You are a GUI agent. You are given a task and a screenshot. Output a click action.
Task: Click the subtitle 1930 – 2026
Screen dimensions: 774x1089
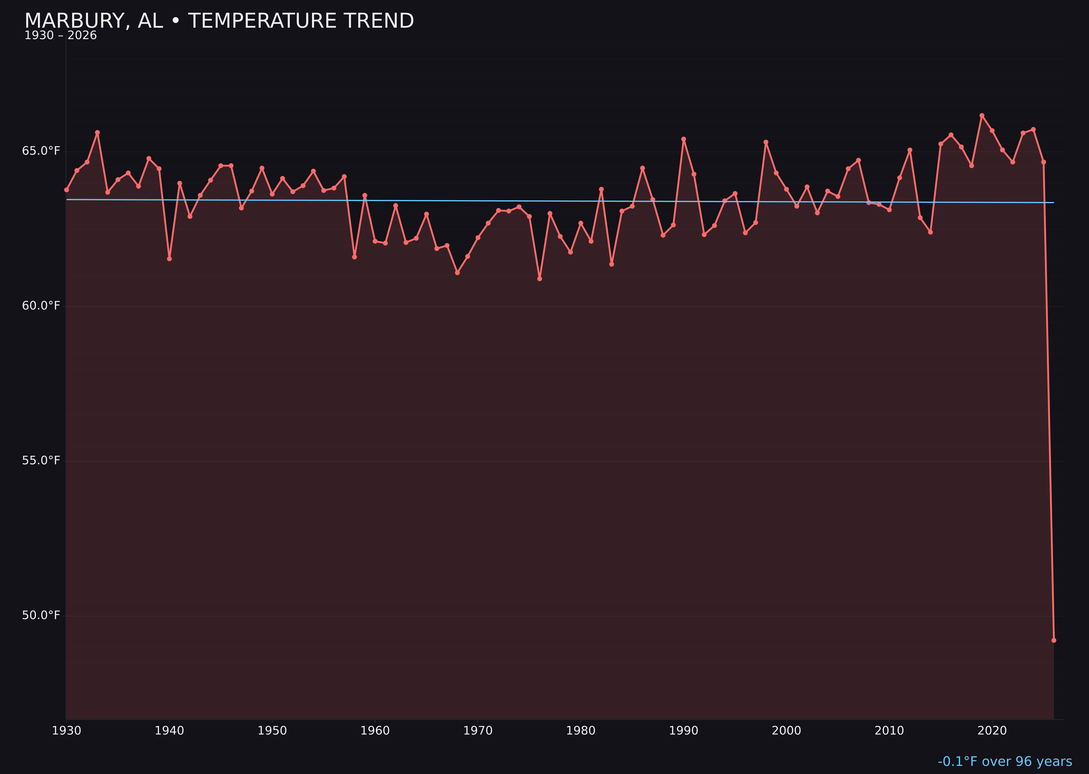(60, 36)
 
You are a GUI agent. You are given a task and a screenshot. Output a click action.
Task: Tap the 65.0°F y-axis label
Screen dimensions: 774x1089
(41, 151)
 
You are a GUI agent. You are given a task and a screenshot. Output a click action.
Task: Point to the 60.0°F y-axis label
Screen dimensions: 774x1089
(41, 306)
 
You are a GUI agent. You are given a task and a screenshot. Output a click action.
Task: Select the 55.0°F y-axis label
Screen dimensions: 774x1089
(41, 460)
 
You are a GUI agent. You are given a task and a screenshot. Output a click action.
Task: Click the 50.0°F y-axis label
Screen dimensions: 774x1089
(41, 615)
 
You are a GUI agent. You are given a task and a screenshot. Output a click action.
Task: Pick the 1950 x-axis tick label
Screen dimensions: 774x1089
(272, 731)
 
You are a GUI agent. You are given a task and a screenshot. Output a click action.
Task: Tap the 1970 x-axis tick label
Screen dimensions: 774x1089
(478, 731)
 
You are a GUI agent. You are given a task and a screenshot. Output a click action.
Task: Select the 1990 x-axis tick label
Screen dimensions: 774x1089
(683, 731)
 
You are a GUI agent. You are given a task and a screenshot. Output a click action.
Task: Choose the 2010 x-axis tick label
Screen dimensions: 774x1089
(889, 731)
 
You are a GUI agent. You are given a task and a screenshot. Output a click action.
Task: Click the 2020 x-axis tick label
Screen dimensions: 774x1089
(992, 731)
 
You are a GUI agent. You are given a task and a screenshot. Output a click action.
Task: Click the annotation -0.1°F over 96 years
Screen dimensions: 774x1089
(1005, 761)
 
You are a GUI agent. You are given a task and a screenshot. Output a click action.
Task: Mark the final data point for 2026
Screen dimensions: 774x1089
(1054, 640)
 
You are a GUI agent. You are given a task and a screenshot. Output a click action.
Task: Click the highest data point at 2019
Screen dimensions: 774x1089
(982, 115)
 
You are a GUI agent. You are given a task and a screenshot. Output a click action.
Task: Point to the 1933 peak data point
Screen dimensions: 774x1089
(97, 133)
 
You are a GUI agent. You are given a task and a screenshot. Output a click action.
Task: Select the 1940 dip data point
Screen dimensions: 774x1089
(169, 259)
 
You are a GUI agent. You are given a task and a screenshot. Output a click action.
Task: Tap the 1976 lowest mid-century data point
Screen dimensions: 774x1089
(539, 279)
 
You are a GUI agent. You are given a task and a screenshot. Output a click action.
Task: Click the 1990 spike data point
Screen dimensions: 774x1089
(683, 139)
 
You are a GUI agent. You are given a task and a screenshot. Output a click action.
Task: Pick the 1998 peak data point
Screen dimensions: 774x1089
(766, 142)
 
